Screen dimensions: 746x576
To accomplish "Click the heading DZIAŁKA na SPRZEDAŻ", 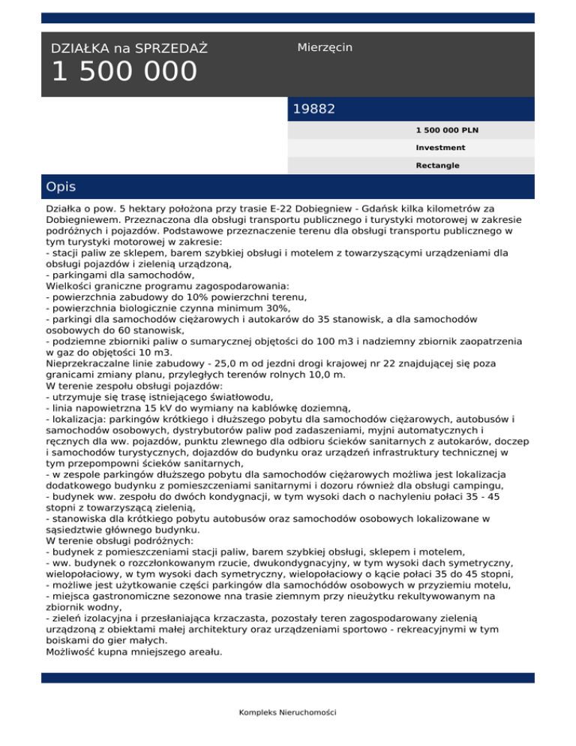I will point(129,49).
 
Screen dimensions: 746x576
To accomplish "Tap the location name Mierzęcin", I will point(325,47).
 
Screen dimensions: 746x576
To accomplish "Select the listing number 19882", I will point(313,109).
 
